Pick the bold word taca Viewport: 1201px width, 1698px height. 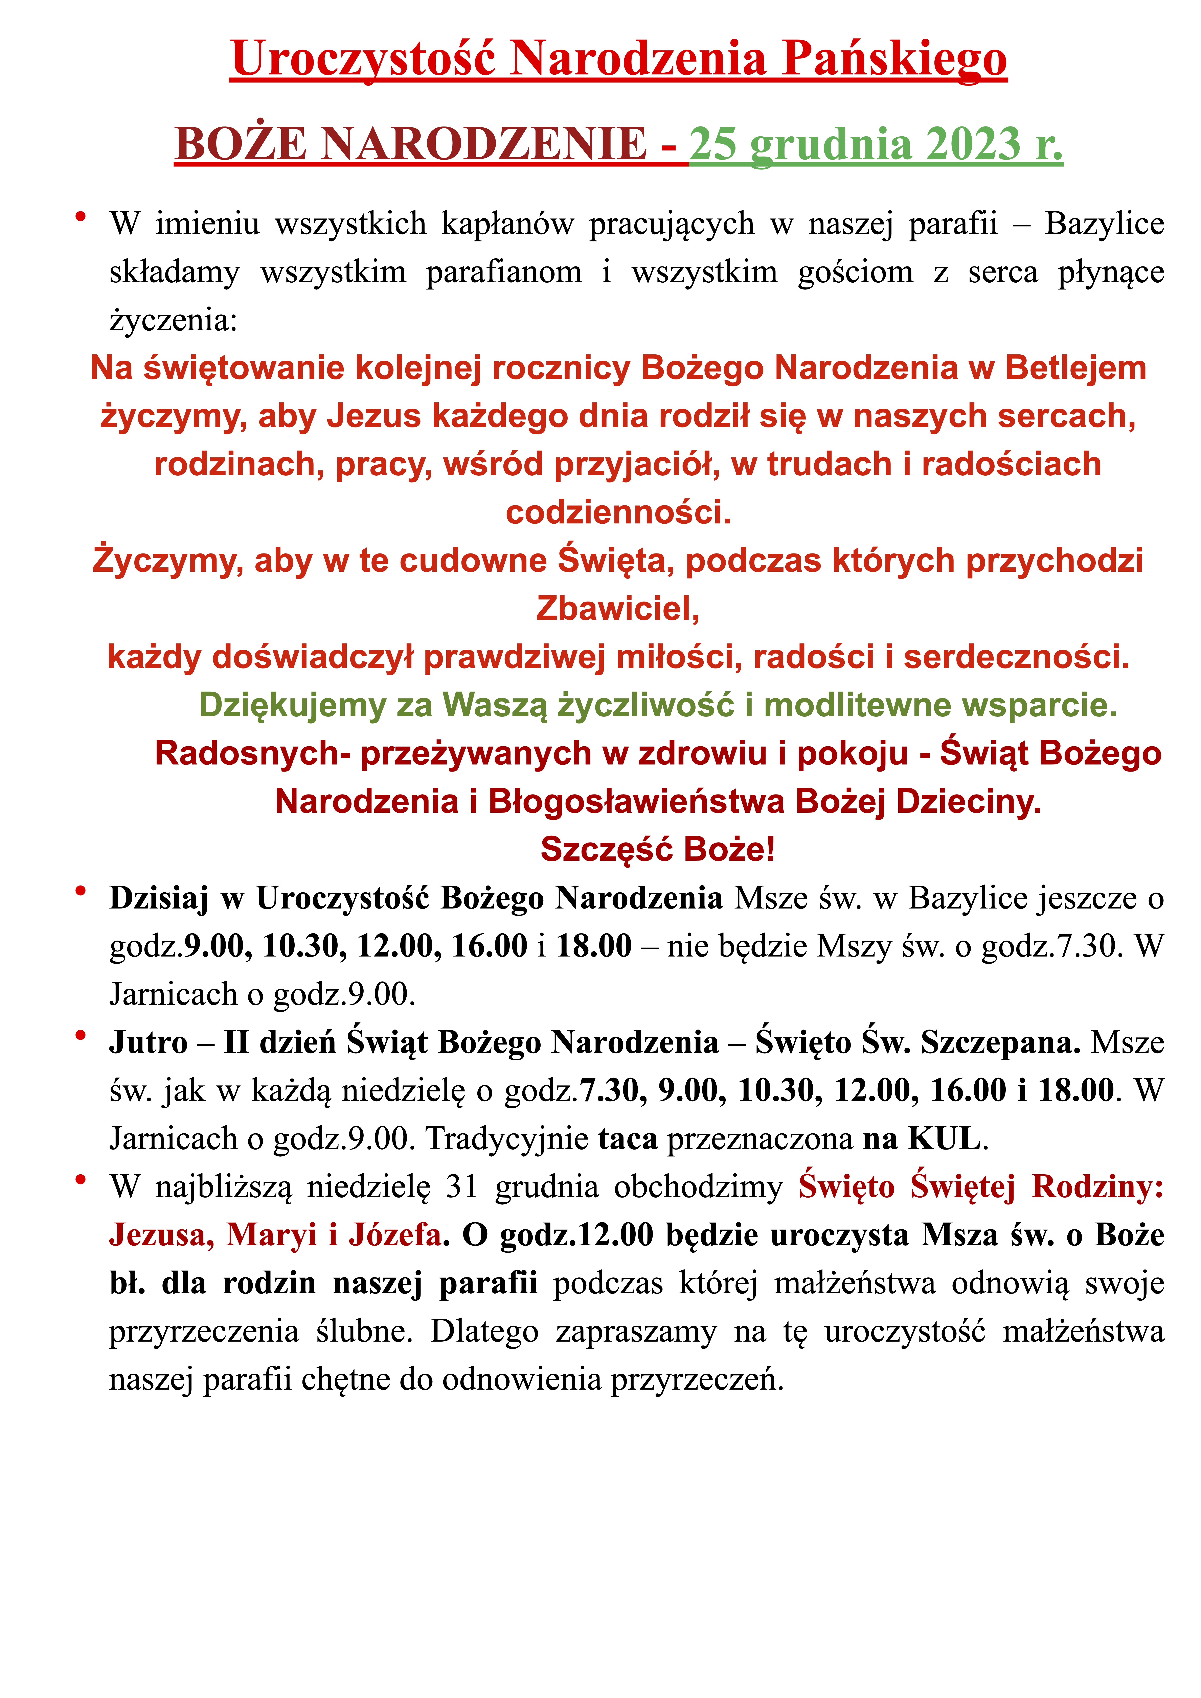pyautogui.click(x=628, y=1139)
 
